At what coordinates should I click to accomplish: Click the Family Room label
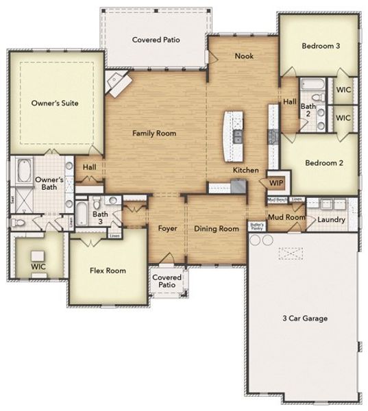point(154,134)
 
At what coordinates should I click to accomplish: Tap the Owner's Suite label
point(55,103)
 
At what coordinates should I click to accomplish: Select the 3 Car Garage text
point(305,318)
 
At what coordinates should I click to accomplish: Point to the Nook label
point(244,56)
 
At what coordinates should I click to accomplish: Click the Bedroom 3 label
point(321,46)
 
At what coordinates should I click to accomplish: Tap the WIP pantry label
point(276,183)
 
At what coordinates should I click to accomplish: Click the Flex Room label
point(108,271)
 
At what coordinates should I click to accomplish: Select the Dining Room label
point(216,229)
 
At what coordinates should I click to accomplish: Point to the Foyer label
point(168,229)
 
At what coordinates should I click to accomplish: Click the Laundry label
point(332,220)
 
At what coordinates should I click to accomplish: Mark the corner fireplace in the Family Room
point(118,84)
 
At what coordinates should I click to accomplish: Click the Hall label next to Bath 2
point(290,102)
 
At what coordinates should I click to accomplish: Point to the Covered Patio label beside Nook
point(156,40)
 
